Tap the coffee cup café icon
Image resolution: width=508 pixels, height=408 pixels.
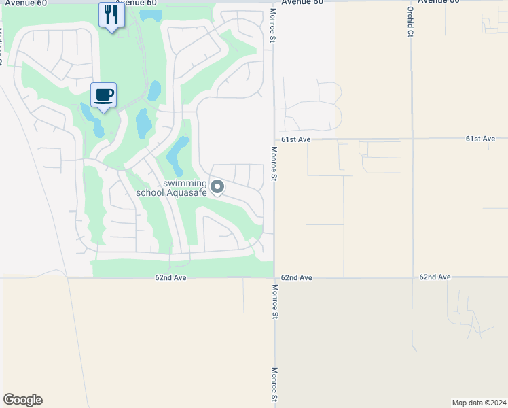pyautogui.click(x=103, y=95)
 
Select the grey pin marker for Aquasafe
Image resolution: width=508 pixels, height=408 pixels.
pyautogui.click(x=217, y=186)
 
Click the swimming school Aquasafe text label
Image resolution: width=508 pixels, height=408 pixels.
pyautogui.click(x=171, y=188)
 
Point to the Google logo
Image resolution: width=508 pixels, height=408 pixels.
pyautogui.click(x=22, y=400)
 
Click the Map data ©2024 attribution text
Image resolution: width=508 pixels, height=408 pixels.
pyautogui.click(x=479, y=402)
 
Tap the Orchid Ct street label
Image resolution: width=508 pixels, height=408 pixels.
pyautogui.click(x=410, y=22)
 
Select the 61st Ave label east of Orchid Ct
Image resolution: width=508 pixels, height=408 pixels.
pyautogui.click(x=480, y=139)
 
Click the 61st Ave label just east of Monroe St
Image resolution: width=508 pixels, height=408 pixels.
pyautogui.click(x=296, y=139)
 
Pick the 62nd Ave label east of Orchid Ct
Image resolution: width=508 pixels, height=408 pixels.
pyautogui.click(x=435, y=277)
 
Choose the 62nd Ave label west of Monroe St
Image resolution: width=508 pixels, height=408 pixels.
pyautogui.click(x=170, y=278)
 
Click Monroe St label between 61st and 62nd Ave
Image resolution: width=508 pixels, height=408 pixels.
pyautogui.click(x=274, y=163)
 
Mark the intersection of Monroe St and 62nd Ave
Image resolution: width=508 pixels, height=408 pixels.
pyautogui.click(x=274, y=277)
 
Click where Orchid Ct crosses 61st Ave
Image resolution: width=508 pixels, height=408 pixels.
pyautogui.click(x=412, y=139)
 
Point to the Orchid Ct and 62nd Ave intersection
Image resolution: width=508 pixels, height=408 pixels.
pyautogui.click(x=412, y=277)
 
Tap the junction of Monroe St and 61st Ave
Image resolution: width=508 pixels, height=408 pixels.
pyautogui.click(x=274, y=139)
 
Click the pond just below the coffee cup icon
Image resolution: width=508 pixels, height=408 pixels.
pyautogui.click(x=96, y=124)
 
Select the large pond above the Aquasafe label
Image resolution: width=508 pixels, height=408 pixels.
pyautogui.click(x=177, y=153)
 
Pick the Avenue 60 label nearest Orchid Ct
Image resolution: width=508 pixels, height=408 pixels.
pyautogui.click(x=439, y=2)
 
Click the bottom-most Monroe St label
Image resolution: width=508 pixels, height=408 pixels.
pyautogui.click(x=274, y=384)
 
